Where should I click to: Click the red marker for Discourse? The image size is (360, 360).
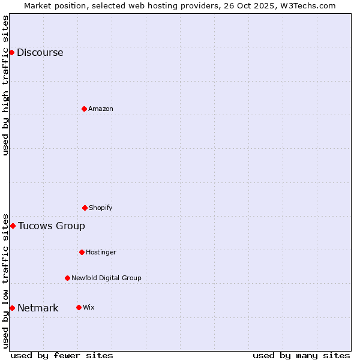pyautogui.click(x=11, y=52)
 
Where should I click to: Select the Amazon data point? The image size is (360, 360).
pyautogui.click(x=84, y=109)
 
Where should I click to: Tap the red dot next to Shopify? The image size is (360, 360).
pyautogui.click(x=85, y=208)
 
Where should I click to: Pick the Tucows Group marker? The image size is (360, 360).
pyautogui.click(x=13, y=226)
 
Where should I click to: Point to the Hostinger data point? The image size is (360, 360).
pyautogui.click(x=82, y=252)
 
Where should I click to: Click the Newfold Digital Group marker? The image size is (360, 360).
pyautogui.click(x=67, y=278)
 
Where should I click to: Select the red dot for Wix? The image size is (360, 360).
pyautogui.click(x=79, y=307)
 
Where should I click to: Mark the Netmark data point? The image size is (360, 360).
pyautogui.click(x=12, y=308)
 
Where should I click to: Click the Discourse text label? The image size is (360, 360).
pyautogui.click(x=40, y=52)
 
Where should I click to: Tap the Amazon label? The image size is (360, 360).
pyautogui.click(x=101, y=109)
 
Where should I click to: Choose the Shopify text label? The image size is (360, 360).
pyautogui.click(x=101, y=208)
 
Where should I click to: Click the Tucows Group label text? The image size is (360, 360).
pyautogui.click(x=52, y=226)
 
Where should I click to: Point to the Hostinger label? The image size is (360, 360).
pyautogui.click(x=101, y=252)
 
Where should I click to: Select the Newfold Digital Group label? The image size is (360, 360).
pyautogui.click(x=106, y=278)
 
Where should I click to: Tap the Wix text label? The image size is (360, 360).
pyautogui.click(x=88, y=307)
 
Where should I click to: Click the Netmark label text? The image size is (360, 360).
pyautogui.click(x=38, y=308)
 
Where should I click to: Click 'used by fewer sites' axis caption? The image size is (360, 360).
pyautogui.click(x=62, y=355)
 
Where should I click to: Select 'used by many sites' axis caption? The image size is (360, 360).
pyautogui.click(x=301, y=355)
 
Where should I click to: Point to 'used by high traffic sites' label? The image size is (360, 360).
pyautogui.click(x=5, y=85)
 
